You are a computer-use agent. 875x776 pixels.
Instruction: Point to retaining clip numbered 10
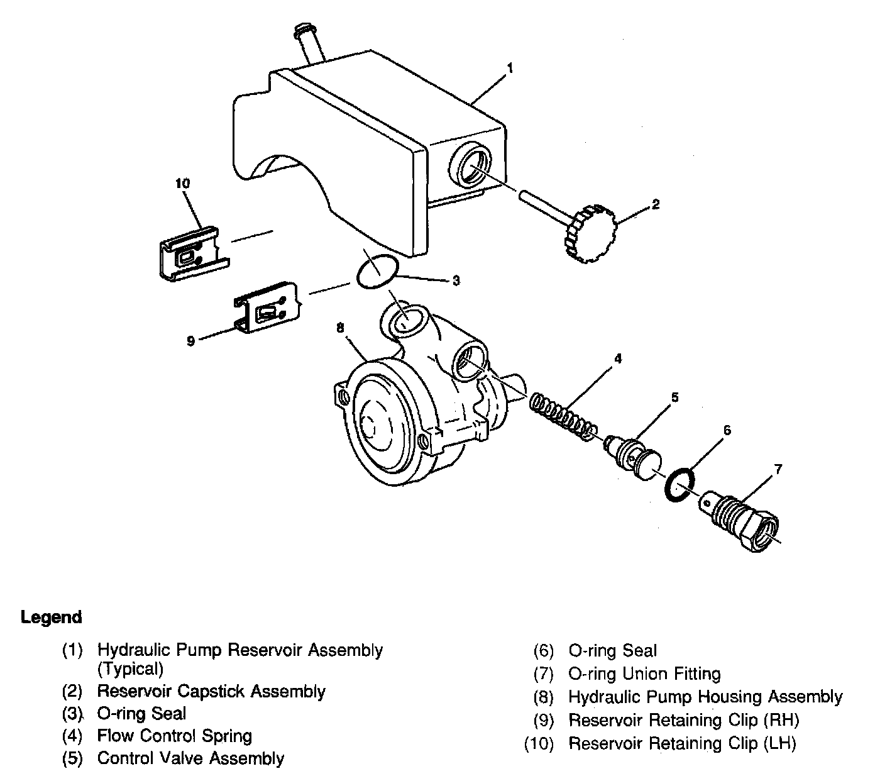[x=189, y=251]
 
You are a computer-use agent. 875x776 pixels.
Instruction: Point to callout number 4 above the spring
[x=618, y=358]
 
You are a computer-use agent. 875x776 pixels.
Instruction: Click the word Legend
[x=51, y=617]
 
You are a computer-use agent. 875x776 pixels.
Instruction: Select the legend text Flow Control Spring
[x=174, y=736]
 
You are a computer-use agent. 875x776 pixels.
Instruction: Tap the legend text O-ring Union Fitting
[x=644, y=674]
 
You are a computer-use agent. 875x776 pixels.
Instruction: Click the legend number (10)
[x=539, y=744]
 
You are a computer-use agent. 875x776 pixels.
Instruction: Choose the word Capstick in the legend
[x=212, y=692]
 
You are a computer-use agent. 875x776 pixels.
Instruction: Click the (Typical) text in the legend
[x=130, y=668]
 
